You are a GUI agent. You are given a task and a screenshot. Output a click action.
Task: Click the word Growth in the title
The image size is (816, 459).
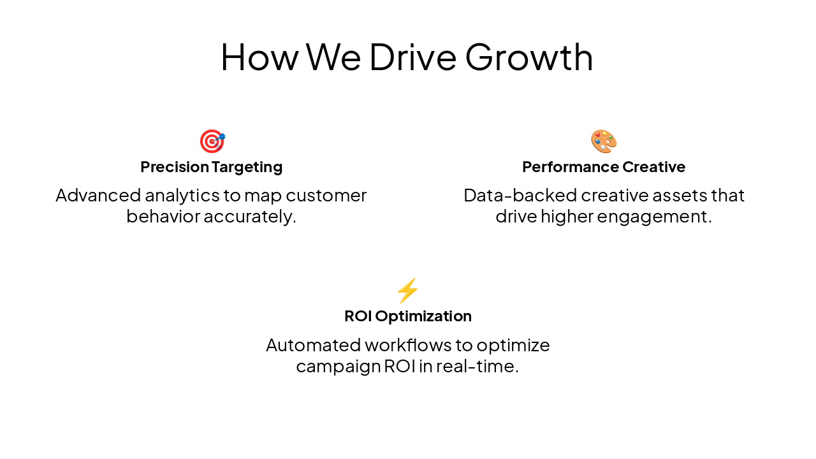528,57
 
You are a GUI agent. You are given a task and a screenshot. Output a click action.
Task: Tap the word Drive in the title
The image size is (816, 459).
412,57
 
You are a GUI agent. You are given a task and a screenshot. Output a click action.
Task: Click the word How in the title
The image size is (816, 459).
259,57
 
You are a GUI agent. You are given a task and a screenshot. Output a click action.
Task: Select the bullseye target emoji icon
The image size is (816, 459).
212,141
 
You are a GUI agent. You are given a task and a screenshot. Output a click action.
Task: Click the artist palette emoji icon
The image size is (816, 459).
603,141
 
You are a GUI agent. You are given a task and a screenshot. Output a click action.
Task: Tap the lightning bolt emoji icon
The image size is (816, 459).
407,291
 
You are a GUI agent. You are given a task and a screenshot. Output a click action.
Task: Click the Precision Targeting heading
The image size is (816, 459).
211,167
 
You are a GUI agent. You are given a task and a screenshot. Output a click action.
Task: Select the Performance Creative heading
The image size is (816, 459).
603,167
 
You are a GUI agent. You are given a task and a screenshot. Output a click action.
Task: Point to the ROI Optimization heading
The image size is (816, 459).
407,316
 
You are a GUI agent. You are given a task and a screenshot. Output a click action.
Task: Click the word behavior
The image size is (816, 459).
163,217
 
